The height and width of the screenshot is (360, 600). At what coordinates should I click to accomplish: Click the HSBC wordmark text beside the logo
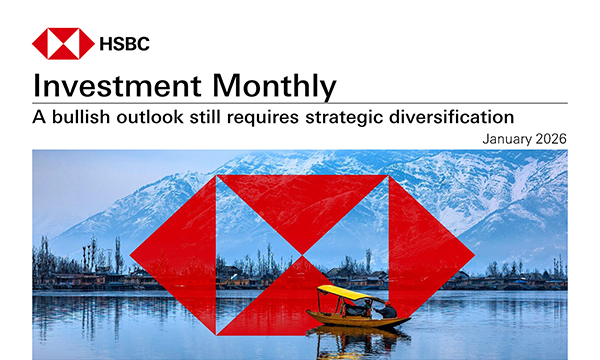tap(126, 43)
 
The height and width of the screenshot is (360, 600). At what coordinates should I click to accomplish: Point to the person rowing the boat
tap(385, 310)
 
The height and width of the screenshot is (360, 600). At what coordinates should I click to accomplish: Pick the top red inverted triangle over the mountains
tap(302, 205)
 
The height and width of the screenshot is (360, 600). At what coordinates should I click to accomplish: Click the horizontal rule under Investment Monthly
tap(300, 102)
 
